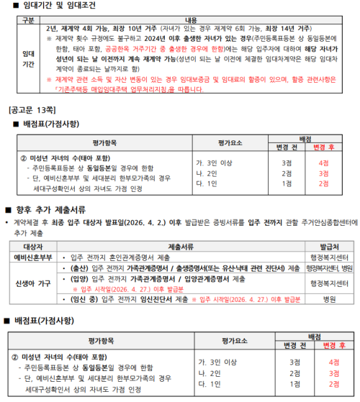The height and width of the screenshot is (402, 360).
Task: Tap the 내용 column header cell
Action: (x=190, y=19)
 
